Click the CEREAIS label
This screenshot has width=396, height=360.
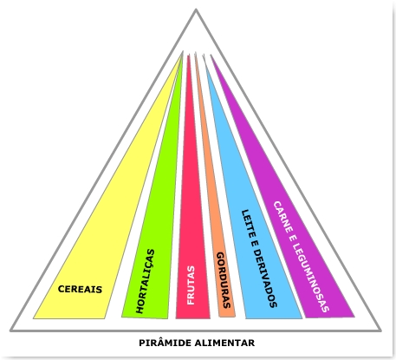80,289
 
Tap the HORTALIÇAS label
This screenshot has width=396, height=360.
146,281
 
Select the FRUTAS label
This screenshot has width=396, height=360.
191,285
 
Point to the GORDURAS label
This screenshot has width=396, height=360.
224,280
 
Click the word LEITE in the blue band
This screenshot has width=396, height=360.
247,224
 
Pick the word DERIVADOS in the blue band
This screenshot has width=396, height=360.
265,278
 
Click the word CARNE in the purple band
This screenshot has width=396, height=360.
282,216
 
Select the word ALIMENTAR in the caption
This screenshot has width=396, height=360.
224,343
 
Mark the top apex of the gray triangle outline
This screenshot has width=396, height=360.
196,10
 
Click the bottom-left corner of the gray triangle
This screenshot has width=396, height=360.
10,331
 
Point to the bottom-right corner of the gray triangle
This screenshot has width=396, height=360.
381,331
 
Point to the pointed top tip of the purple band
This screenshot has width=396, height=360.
211,55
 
